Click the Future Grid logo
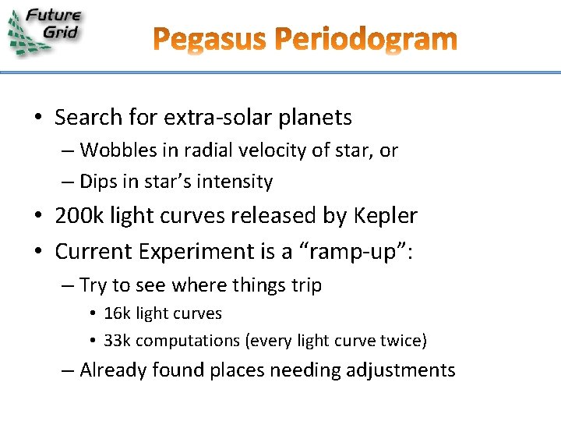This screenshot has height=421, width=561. pos(45,30)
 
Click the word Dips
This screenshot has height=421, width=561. pos(98,182)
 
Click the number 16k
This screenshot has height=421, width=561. pos(118,313)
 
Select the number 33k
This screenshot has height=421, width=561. pos(118,341)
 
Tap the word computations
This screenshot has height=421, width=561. pos(186,341)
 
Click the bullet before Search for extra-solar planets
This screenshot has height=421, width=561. pos(38,119)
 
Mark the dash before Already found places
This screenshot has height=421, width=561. pos(68,370)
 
